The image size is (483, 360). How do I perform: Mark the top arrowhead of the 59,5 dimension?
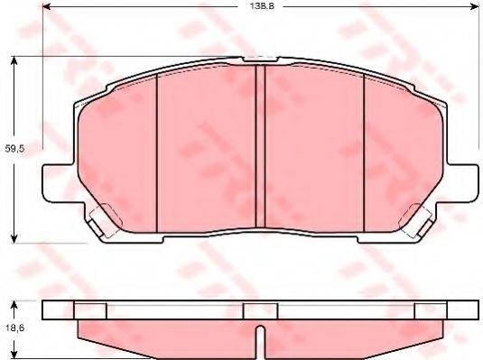click(x=15, y=60)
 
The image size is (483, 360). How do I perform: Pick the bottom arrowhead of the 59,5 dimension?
click(x=15, y=237)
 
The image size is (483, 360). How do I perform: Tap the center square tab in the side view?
click(x=259, y=309)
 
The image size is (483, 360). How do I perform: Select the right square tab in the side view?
click(x=428, y=309)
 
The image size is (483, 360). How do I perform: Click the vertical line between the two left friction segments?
click(x=158, y=149)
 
